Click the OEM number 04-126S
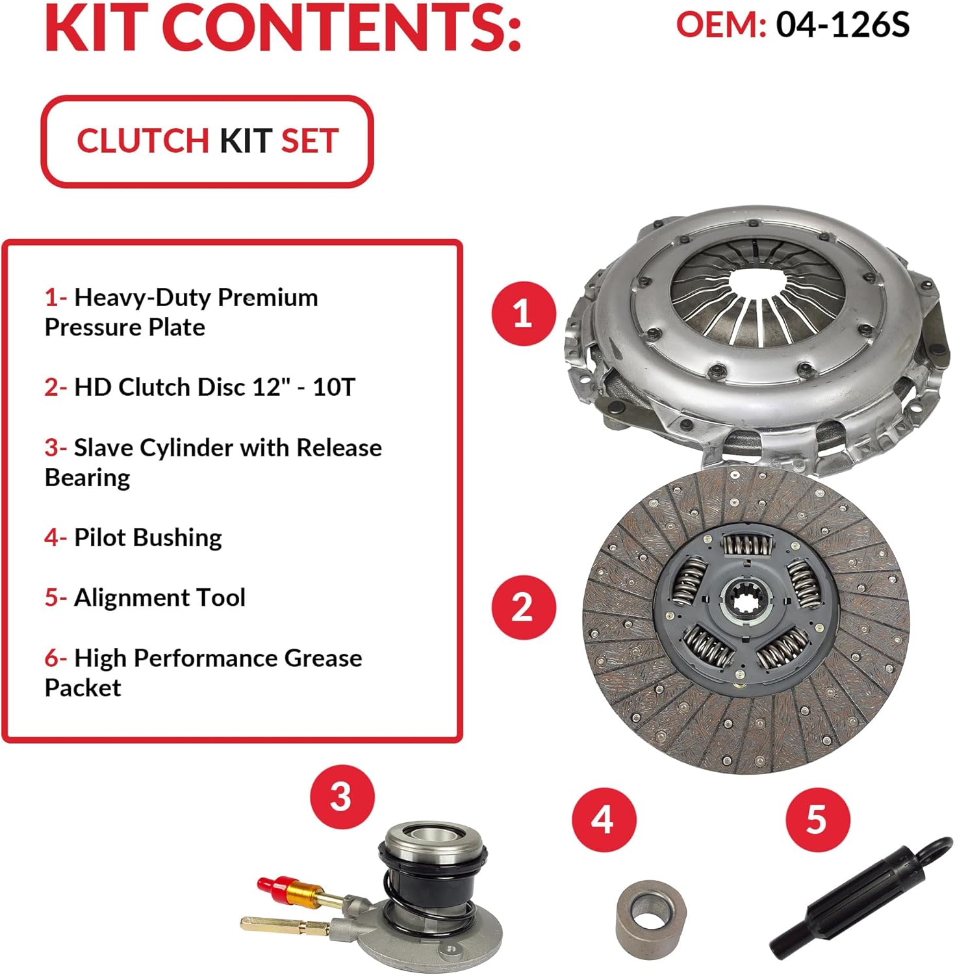click(843, 25)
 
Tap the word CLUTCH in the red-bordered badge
click(142, 141)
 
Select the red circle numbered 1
click(524, 313)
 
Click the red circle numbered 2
click(524, 607)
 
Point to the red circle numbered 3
click(342, 797)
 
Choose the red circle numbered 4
click(604, 820)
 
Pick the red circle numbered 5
click(817, 820)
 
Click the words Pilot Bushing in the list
click(148, 538)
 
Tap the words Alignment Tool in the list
click(160, 597)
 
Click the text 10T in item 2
click(334, 387)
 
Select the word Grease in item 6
click(323, 658)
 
